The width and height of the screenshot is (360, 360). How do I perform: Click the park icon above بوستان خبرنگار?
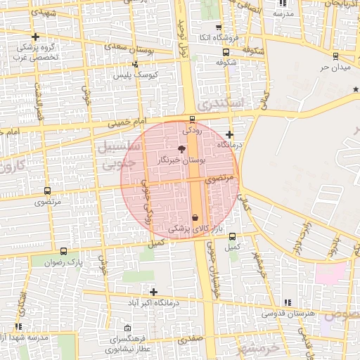pyautogui.click(x=182, y=149)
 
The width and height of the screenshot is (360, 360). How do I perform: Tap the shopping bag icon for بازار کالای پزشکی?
pyautogui.click(x=195, y=218)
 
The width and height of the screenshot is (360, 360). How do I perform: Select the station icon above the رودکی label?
pyautogui.click(x=193, y=119)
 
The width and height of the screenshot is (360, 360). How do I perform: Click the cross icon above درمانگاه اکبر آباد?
pyautogui.click(x=153, y=291)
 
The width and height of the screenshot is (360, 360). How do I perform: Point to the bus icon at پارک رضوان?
pyautogui.click(x=64, y=251)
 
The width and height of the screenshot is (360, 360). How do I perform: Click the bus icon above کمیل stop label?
pyautogui.click(x=233, y=237)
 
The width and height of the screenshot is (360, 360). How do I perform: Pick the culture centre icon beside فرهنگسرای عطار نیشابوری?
pyautogui.click(x=127, y=328)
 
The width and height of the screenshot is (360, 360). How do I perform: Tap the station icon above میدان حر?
pyautogui.click(x=334, y=56)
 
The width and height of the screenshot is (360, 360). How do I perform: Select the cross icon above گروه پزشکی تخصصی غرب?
pyautogui.click(x=36, y=37)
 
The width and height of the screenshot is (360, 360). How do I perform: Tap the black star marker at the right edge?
pyautogui.click(x=356, y=89)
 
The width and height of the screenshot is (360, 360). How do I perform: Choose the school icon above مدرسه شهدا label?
pyautogui.click(x=18, y=326)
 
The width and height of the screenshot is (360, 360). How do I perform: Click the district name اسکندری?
pyautogui.click(x=219, y=105)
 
